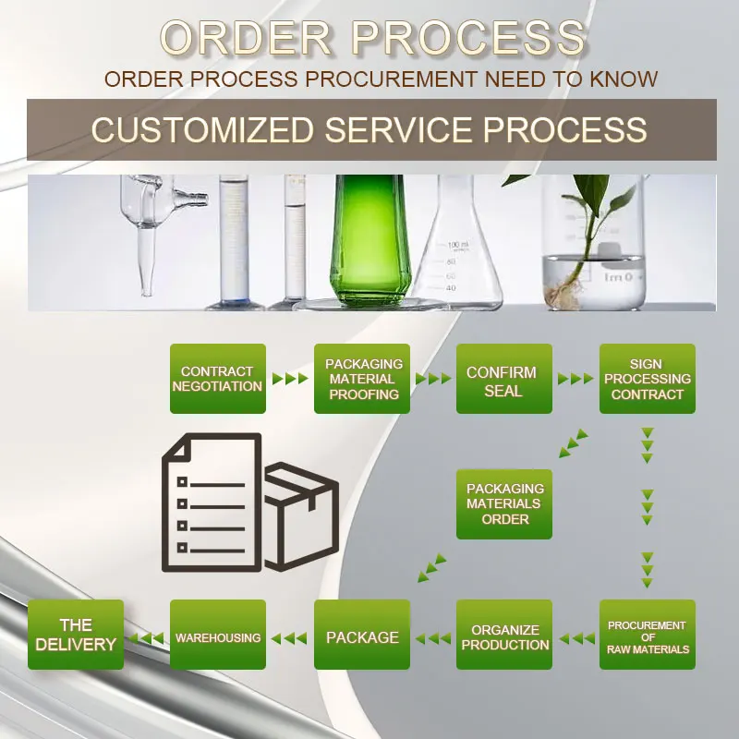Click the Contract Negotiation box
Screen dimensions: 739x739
(x=218, y=379)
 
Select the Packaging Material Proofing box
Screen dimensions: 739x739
(x=362, y=379)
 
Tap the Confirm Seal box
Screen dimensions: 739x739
(x=504, y=379)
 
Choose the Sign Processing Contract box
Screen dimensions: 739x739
(x=648, y=379)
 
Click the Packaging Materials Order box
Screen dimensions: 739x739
(x=504, y=504)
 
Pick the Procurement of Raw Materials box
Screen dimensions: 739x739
(x=648, y=635)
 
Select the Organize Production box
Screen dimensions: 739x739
(x=504, y=635)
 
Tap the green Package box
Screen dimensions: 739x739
(x=362, y=635)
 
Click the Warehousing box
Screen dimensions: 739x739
(x=218, y=635)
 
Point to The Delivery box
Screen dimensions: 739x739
(x=76, y=635)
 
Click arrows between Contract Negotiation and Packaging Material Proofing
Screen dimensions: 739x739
(x=290, y=379)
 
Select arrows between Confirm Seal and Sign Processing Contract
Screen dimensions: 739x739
(x=575, y=379)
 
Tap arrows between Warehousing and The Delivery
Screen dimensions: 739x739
(x=147, y=637)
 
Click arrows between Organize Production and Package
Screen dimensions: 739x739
(x=433, y=637)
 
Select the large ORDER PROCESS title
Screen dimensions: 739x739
(x=373, y=39)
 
